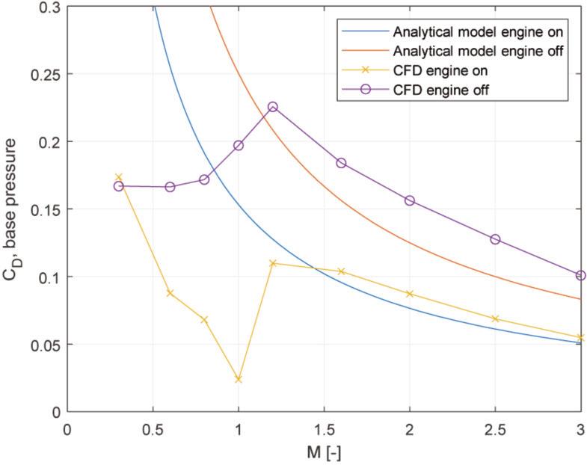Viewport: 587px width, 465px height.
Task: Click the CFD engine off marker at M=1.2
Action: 272,107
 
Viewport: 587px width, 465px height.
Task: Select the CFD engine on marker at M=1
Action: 239,379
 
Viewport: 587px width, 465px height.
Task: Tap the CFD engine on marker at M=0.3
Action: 118,177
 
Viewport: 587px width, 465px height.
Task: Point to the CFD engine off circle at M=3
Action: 580,275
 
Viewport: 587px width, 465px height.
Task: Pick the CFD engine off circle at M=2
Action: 409,200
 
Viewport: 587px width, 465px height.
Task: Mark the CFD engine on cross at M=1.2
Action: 272,263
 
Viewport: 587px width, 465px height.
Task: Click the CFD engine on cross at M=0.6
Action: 170,293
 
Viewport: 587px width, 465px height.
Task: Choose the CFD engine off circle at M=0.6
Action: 170,187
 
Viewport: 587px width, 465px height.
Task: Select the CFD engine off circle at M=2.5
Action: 495,239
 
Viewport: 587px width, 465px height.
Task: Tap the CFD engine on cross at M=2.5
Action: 495,318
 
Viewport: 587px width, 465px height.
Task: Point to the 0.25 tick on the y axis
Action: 45,74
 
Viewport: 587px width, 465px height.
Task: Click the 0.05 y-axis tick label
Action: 45,345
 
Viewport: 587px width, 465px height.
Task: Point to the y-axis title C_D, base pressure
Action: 13,209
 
